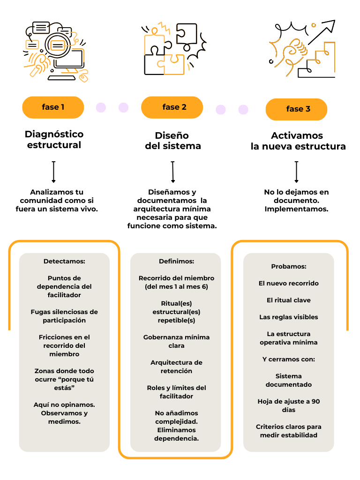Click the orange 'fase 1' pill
coord(53,107)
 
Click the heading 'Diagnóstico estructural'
coord(54,140)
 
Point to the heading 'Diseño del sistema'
coord(172,141)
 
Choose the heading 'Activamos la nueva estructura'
coord(298,141)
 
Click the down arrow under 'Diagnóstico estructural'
coord(53,172)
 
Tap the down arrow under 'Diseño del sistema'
coord(173,172)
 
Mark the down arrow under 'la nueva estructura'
coord(296,172)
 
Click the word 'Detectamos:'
coord(64,261)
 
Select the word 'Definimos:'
coord(176,261)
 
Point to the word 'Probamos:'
coord(289,266)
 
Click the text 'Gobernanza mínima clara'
coord(176,341)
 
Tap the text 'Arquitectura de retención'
coord(176,367)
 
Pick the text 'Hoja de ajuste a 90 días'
coord(289,405)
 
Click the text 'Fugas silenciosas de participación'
coord(64,316)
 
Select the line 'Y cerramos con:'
coord(289,360)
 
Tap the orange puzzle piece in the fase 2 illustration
coord(172,65)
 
